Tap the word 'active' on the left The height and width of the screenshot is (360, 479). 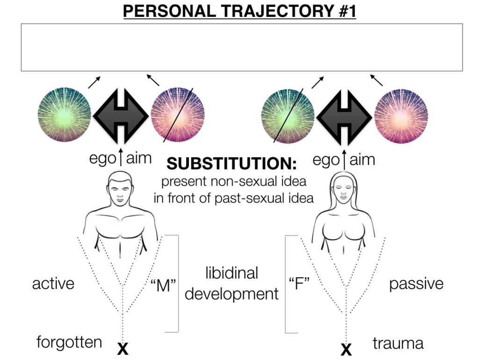53,284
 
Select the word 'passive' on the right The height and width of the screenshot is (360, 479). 416,284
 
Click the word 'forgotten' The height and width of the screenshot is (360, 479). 69,342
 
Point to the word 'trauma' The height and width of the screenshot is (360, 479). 398,344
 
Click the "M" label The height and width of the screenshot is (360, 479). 163,286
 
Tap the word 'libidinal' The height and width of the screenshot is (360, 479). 232,273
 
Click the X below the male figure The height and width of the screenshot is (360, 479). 123,348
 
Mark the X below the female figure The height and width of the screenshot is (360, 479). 346,348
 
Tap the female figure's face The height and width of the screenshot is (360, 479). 346,193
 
